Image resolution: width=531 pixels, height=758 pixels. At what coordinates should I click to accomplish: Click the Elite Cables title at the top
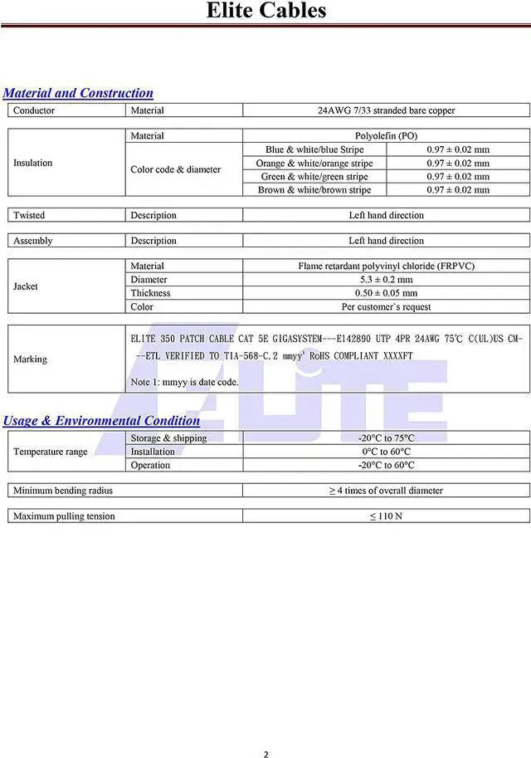point(265,11)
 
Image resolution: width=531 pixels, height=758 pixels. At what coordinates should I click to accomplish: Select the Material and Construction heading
point(78,93)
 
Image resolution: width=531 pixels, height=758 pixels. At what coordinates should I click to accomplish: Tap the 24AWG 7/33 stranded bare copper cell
point(386,110)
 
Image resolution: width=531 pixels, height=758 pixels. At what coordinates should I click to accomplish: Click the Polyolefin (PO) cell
point(386,136)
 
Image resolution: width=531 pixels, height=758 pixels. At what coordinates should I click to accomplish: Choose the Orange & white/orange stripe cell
point(314,164)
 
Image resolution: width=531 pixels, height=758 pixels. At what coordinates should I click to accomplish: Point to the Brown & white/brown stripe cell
point(314,190)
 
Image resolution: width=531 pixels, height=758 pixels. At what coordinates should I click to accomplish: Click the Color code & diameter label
point(175,169)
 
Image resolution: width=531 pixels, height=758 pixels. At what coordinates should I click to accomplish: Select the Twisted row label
point(29,215)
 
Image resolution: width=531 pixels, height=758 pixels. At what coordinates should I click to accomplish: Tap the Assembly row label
point(32,241)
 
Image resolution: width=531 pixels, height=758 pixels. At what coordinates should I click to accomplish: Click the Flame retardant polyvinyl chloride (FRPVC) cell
point(386,267)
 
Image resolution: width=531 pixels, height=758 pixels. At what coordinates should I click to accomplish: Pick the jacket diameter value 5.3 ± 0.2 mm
point(386,280)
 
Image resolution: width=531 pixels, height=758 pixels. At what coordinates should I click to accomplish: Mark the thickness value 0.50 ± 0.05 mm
point(386,293)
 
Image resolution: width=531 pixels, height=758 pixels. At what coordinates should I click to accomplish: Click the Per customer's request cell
point(386,306)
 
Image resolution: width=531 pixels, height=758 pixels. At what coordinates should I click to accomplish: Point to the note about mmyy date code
point(184,382)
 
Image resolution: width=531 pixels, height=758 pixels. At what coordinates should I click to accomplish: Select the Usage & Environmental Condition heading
point(101,420)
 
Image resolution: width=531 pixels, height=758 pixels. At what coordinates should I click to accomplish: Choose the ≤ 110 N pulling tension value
point(386,516)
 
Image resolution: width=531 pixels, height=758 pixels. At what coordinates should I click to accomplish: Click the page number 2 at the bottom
point(265,731)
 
